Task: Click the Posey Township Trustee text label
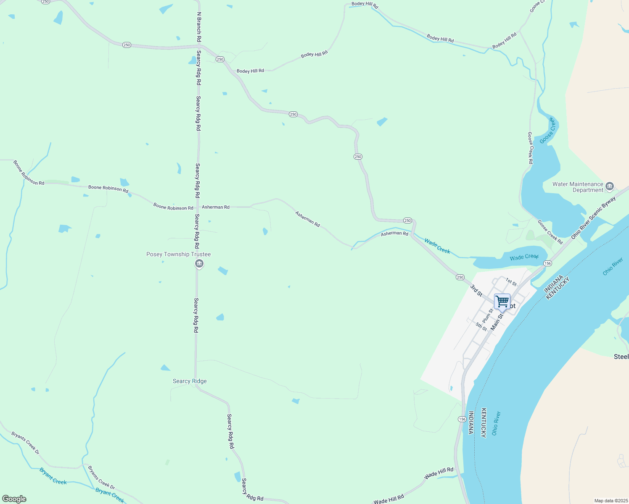178,255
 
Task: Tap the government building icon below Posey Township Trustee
199,264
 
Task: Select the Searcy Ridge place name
190,381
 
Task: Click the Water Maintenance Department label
578,187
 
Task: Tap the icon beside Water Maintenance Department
610,186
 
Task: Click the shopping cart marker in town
502,302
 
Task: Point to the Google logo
14,499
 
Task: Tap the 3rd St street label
476,290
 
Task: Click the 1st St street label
511,281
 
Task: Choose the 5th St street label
481,326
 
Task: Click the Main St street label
497,321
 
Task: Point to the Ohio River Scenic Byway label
593,218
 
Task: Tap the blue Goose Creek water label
548,131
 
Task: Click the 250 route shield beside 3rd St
460,277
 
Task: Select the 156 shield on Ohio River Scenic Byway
547,263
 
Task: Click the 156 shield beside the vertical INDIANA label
462,419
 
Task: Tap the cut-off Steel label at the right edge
621,357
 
